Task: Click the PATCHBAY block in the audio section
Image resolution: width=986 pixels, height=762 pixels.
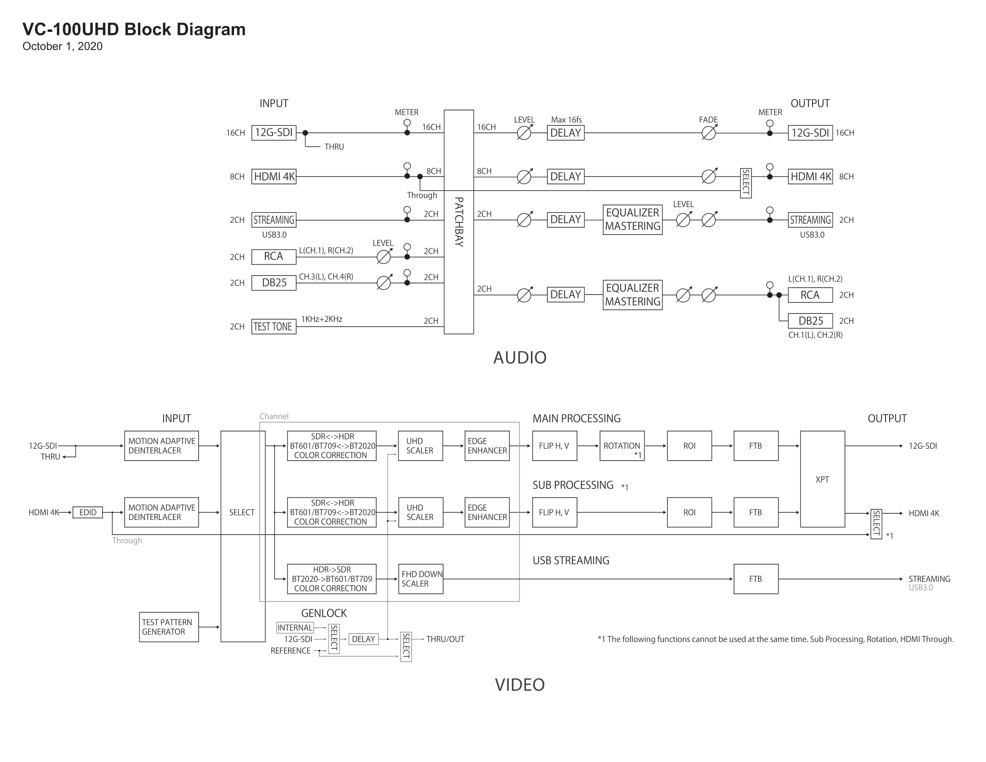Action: pyautogui.click(x=458, y=221)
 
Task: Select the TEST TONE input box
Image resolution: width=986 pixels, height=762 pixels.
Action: pyautogui.click(x=273, y=326)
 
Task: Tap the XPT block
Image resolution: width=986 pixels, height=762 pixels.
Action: pyautogui.click(x=822, y=479)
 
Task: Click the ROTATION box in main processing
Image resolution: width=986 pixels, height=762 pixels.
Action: pyautogui.click(x=622, y=446)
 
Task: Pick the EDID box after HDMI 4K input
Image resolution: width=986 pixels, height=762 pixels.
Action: pyautogui.click(x=87, y=512)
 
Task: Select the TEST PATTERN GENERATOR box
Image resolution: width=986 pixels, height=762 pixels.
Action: pyautogui.click(x=169, y=627)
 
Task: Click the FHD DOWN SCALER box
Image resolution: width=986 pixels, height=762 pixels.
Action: pyautogui.click(x=420, y=579)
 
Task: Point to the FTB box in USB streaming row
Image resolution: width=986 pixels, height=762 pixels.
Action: pyautogui.click(x=756, y=579)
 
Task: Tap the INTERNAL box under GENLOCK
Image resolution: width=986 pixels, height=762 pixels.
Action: pyautogui.click(x=295, y=628)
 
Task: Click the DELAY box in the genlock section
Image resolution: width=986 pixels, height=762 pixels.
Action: pyautogui.click(x=363, y=639)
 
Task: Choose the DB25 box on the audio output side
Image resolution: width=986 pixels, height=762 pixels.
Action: pyautogui.click(x=810, y=321)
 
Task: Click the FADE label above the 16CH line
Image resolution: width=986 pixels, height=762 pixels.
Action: pyautogui.click(x=708, y=120)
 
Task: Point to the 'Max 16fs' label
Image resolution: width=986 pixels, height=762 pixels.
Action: pyautogui.click(x=566, y=120)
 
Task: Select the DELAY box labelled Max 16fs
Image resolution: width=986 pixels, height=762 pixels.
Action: pyautogui.click(x=566, y=133)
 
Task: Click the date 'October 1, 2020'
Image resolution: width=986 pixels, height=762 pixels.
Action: pyautogui.click(x=62, y=46)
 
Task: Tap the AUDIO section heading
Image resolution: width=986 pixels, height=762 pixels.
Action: pyautogui.click(x=519, y=358)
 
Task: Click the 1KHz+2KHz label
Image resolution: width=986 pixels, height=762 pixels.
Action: pyautogui.click(x=321, y=319)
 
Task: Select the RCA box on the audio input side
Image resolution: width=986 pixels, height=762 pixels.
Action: pyautogui.click(x=273, y=256)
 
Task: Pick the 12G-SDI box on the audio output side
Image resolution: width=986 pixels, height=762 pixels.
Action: pyautogui.click(x=810, y=133)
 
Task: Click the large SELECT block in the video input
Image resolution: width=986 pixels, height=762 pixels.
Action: pyautogui.click(x=243, y=536)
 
